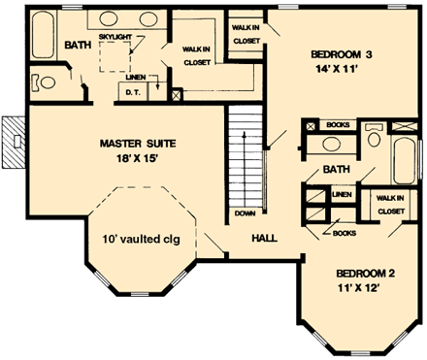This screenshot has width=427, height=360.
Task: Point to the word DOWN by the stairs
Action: pyautogui.click(x=245, y=213)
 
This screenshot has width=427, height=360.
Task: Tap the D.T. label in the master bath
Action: pyautogui.click(x=133, y=92)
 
